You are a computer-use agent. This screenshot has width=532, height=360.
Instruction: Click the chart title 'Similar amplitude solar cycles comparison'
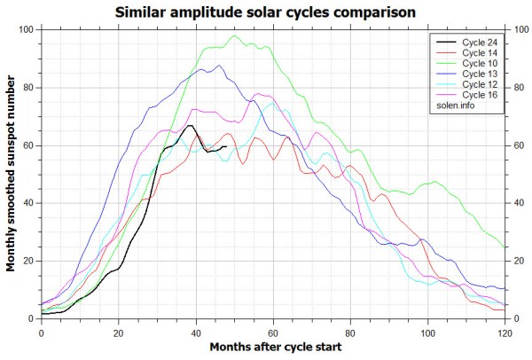265,12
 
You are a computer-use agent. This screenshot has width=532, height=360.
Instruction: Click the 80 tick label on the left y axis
28,88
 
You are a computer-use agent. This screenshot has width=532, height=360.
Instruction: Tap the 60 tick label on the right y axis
518,145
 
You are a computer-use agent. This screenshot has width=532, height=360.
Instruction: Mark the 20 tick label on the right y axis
518,261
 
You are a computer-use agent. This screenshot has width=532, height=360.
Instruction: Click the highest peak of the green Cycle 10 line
235,36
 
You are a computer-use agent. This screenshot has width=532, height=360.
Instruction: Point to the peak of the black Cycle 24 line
190,125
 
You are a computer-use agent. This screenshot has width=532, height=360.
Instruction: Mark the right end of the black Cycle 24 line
227,146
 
